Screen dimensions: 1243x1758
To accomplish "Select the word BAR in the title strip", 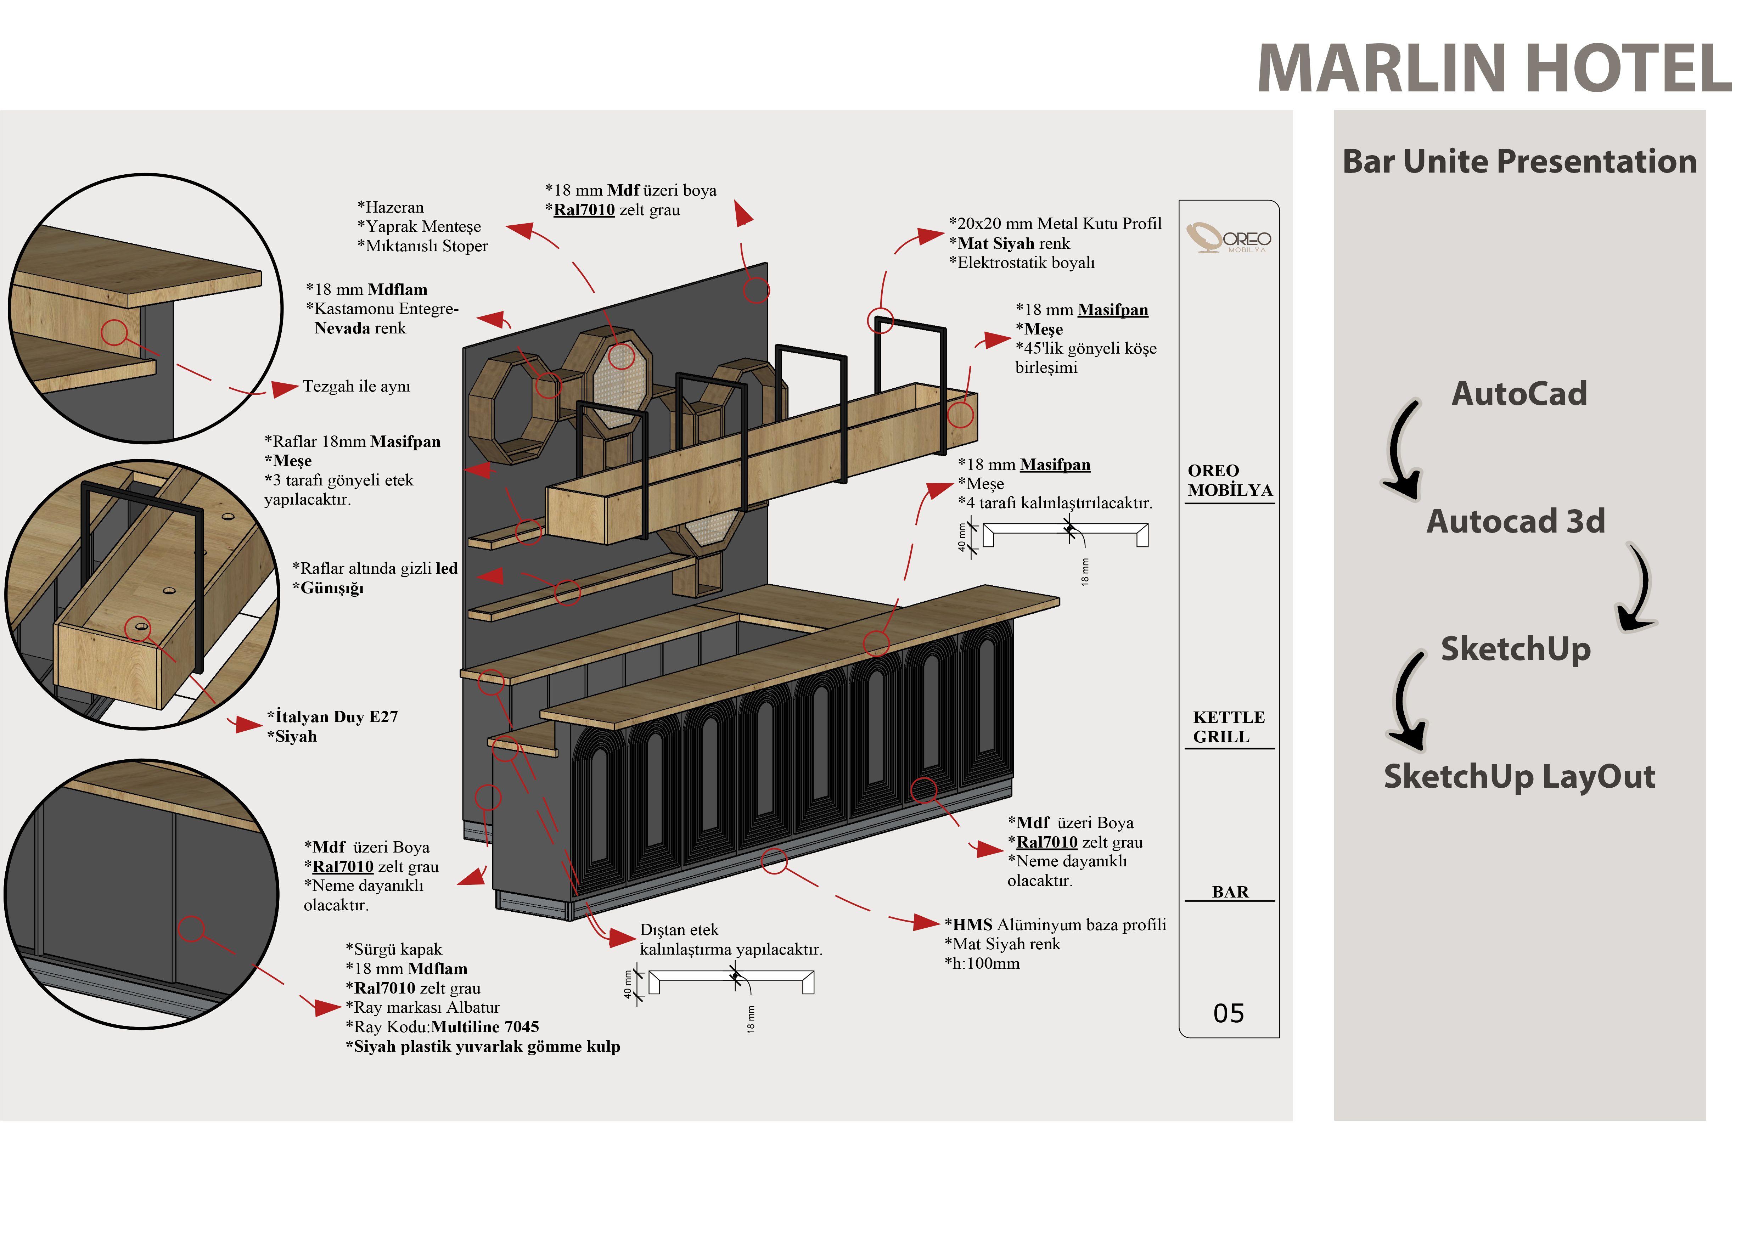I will [1230, 892].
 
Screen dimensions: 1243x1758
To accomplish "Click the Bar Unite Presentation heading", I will [1519, 162].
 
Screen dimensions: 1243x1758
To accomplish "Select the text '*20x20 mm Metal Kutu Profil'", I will [1055, 224].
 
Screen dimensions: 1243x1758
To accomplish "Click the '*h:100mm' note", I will [982, 964].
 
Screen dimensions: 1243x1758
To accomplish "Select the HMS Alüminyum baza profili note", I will [1055, 924].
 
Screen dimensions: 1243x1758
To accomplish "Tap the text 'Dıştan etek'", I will [679, 930].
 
